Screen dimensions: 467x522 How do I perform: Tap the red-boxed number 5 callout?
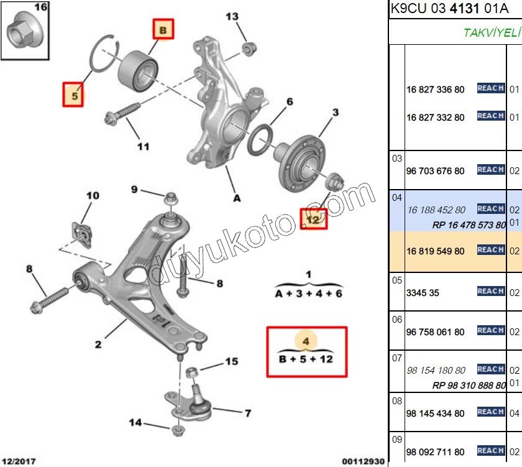coord(73,95)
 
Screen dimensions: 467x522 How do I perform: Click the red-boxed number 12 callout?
coord(313,218)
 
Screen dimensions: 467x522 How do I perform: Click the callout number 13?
coord(231,16)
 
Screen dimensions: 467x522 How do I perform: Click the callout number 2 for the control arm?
coord(98,344)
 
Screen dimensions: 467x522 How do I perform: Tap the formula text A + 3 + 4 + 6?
coord(308,294)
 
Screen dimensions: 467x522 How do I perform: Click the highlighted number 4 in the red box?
coord(306,341)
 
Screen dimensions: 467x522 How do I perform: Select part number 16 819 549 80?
coord(436,251)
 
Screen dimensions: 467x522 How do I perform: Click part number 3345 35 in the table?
coord(423,292)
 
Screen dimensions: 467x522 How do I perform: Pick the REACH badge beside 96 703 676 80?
coord(490,170)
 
